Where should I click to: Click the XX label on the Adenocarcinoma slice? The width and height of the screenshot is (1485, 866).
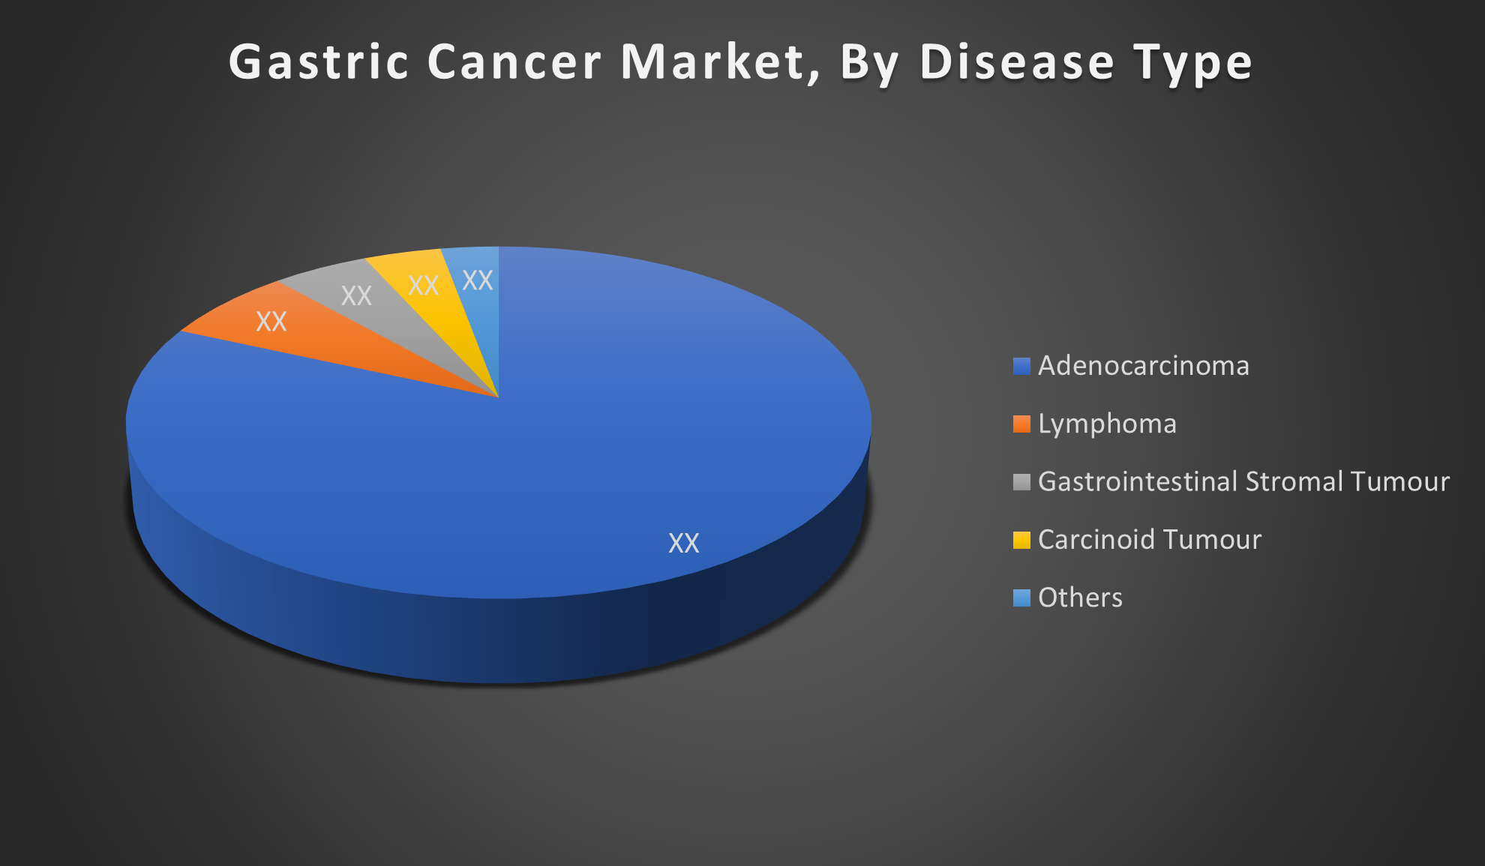point(684,543)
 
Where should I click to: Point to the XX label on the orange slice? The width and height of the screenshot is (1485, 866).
point(271,322)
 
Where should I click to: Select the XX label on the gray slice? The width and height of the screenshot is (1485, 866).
point(356,295)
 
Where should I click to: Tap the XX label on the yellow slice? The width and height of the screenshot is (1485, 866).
point(423,285)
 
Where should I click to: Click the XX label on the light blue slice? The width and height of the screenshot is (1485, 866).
point(478,280)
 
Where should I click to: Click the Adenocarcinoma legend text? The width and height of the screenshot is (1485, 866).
point(1144,366)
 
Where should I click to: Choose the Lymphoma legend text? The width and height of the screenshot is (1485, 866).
point(1107,424)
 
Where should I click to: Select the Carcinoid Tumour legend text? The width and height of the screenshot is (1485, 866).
point(1150,540)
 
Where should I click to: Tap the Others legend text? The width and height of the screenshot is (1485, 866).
point(1080,598)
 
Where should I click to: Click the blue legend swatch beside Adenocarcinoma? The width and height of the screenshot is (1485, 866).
point(1021,366)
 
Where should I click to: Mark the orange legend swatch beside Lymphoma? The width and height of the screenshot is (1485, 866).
point(1021,424)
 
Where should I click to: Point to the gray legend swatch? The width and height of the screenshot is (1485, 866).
point(1021,482)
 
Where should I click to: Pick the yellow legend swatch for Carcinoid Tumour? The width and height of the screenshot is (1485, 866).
point(1021,540)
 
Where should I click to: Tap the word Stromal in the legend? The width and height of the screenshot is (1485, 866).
point(1294,481)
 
